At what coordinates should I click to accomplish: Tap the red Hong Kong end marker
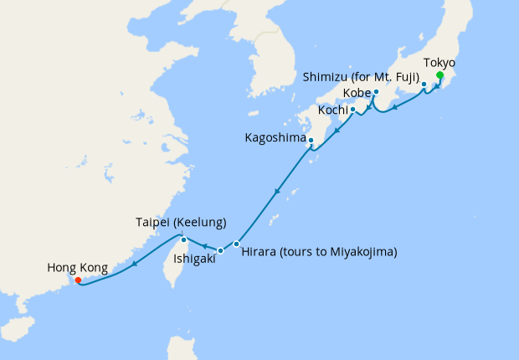point(78,281)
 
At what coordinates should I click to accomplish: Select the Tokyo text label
point(440,63)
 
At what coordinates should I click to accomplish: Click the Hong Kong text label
point(77,268)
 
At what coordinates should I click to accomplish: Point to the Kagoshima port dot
point(311,140)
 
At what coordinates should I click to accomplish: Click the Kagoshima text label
point(275,137)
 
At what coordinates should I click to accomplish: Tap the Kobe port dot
point(376,91)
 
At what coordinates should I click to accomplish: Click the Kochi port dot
point(352,109)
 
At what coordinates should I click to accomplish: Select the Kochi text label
point(332,111)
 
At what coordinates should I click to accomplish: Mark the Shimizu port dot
point(424,84)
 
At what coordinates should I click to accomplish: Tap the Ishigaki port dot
point(220,250)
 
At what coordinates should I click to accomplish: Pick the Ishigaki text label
point(194,260)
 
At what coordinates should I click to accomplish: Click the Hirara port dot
point(237,244)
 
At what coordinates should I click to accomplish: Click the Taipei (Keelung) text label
point(181,223)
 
